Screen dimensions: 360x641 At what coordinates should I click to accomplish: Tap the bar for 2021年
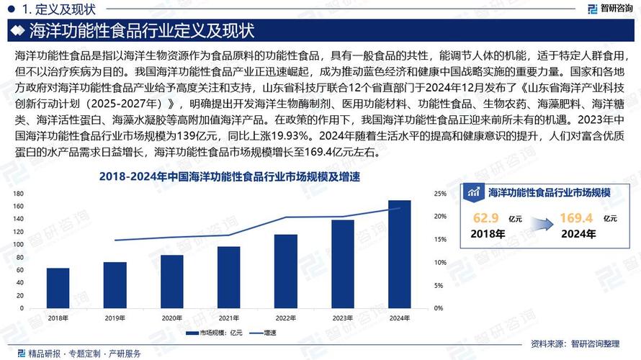coord(229,277)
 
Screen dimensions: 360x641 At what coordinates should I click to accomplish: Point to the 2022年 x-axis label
coord(286,318)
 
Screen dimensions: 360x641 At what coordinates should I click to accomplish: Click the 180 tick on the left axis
coord(19,194)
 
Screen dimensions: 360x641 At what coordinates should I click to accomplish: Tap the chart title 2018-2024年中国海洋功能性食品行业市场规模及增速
coord(228,176)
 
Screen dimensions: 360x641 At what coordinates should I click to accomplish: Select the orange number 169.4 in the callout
coord(575,217)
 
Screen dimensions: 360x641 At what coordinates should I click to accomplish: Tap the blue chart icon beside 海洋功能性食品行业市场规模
coord(474,192)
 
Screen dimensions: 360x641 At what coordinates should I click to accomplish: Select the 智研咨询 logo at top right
coord(609,9)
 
